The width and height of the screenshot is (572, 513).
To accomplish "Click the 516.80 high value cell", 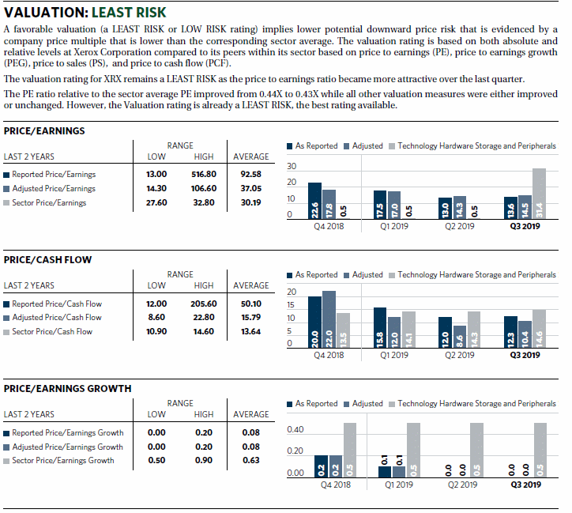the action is coord(204,174).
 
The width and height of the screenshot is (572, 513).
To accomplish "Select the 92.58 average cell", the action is coord(251,174).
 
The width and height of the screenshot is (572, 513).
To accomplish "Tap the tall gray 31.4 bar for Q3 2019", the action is coord(539,194).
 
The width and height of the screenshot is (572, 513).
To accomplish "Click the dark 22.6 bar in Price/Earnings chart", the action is coord(314,201).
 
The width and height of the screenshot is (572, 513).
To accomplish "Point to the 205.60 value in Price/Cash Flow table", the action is coord(204,304).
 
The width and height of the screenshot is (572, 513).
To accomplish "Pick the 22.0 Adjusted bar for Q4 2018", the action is coord(329,319).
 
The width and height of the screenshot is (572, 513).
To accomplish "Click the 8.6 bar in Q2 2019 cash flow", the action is coord(460,337).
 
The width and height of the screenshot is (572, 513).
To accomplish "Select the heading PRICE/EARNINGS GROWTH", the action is coord(67,389).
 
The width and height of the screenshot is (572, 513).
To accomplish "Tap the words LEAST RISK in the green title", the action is coord(129,13).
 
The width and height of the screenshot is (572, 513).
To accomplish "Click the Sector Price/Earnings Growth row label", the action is coord(63,461).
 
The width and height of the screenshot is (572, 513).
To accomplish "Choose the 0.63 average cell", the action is coord(251,460).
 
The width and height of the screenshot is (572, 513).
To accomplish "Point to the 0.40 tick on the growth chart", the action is coord(295,429).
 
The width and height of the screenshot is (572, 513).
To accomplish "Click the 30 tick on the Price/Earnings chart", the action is coord(292,166).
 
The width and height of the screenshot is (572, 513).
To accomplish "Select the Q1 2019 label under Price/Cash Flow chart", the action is coord(394,355).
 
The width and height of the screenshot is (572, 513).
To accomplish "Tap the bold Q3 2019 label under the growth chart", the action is coord(526,485).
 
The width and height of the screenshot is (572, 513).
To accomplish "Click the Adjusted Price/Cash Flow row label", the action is coord(57,318).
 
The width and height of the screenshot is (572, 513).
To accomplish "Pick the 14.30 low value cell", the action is coord(156,188).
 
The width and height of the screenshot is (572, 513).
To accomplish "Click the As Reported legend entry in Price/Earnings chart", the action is coord(313,146).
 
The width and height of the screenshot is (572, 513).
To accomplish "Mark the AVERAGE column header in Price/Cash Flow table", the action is coord(251,285).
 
